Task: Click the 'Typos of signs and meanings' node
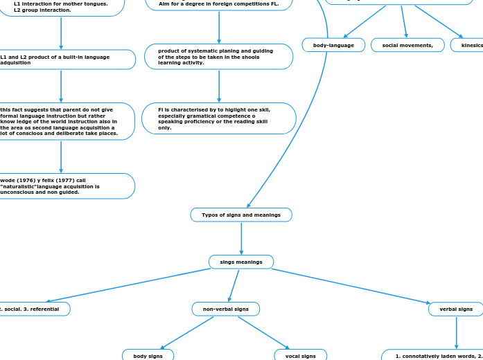(x=241, y=215)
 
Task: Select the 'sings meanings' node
(x=241, y=262)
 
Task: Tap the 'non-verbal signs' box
(x=225, y=309)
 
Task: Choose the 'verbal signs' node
(x=455, y=309)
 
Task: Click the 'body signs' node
(x=148, y=356)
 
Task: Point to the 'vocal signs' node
(x=300, y=356)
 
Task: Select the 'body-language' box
(x=333, y=46)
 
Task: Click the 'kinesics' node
(x=468, y=46)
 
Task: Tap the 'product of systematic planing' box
(x=218, y=57)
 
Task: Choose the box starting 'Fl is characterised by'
(x=218, y=118)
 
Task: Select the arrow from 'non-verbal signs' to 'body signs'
(x=187, y=332)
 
